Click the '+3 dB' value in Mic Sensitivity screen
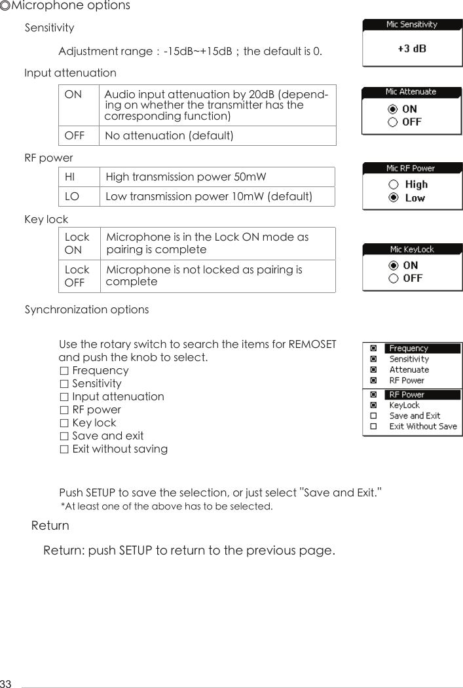click(x=412, y=48)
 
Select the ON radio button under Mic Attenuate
click(x=393, y=109)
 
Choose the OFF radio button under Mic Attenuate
click(x=393, y=122)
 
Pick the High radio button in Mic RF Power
click(x=394, y=185)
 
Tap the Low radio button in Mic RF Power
click(x=394, y=198)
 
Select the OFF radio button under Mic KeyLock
click(x=394, y=279)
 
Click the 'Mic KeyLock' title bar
click(x=412, y=249)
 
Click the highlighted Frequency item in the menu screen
click(x=409, y=349)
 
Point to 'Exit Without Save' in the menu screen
click(x=422, y=426)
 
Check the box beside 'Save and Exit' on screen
click(x=373, y=416)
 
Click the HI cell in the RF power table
click(x=70, y=177)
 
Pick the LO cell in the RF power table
click(x=71, y=196)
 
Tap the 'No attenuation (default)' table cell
click(x=170, y=135)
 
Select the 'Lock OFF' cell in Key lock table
click(x=77, y=276)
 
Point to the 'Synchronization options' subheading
click(x=86, y=309)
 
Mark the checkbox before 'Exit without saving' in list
click(x=64, y=449)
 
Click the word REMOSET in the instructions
click(x=312, y=345)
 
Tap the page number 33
click(x=6, y=683)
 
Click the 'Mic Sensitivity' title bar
click(x=412, y=24)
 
